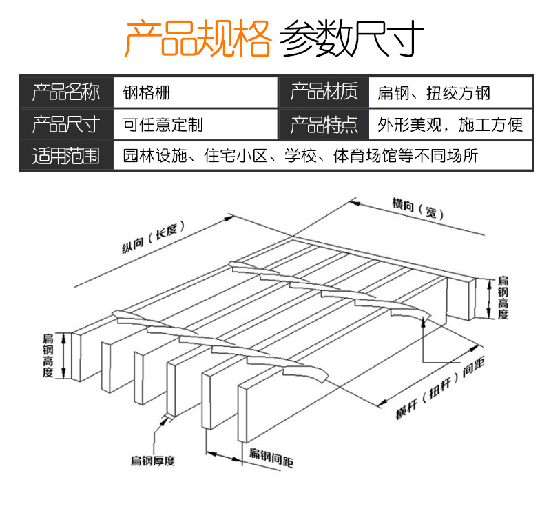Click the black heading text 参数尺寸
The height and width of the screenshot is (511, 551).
pyautogui.click(x=352, y=39)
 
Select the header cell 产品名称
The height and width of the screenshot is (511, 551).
pyautogui.click(x=66, y=92)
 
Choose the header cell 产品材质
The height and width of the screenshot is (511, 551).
pyautogui.click(x=324, y=92)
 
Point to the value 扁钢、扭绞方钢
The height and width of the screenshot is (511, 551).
pyautogui.click(x=433, y=92)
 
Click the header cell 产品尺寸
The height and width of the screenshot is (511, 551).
pyautogui.click(x=66, y=125)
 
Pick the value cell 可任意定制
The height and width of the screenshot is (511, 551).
pyautogui.click(x=163, y=125)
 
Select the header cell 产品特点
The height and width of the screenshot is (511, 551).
pyautogui.click(x=324, y=125)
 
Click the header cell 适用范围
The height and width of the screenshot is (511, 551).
pyautogui.click(x=66, y=156)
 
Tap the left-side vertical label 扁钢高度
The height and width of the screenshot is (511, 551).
pyautogui.click(x=48, y=355)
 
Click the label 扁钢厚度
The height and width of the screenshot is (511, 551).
pyautogui.click(x=153, y=461)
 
